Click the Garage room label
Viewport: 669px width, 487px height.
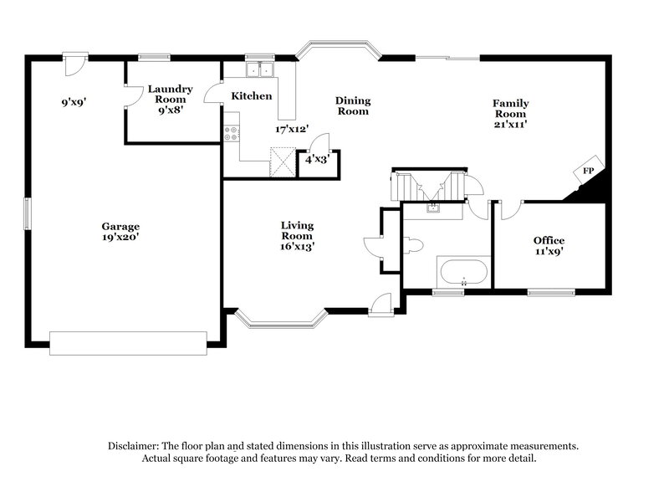(120, 226)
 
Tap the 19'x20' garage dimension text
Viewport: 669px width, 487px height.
(120, 238)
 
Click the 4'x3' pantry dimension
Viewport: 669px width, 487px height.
(317, 158)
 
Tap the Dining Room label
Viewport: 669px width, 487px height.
(352, 105)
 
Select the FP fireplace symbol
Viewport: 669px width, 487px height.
(588, 171)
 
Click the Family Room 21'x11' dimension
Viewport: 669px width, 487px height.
(509, 125)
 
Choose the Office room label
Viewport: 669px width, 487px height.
(549, 240)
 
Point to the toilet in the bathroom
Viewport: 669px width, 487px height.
(414, 244)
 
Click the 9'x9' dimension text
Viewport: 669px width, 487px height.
(73, 104)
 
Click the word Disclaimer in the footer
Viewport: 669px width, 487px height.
(136, 446)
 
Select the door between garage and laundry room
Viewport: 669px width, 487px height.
(131, 98)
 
